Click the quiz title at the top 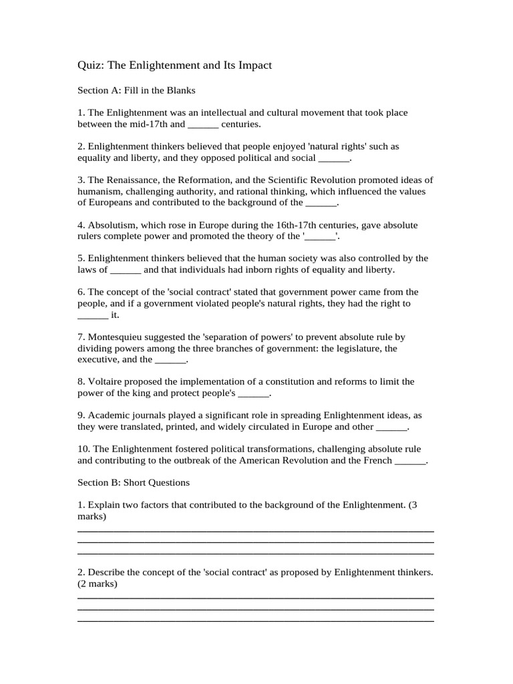pos(174,65)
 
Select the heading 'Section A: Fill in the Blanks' pos(136,90)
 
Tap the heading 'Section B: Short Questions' pos(134,482)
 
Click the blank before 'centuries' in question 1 pos(203,124)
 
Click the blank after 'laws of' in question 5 pos(126,270)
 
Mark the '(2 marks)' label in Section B pos(98,584)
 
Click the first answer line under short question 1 pos(256,530)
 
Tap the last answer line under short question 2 pos(256,621)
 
